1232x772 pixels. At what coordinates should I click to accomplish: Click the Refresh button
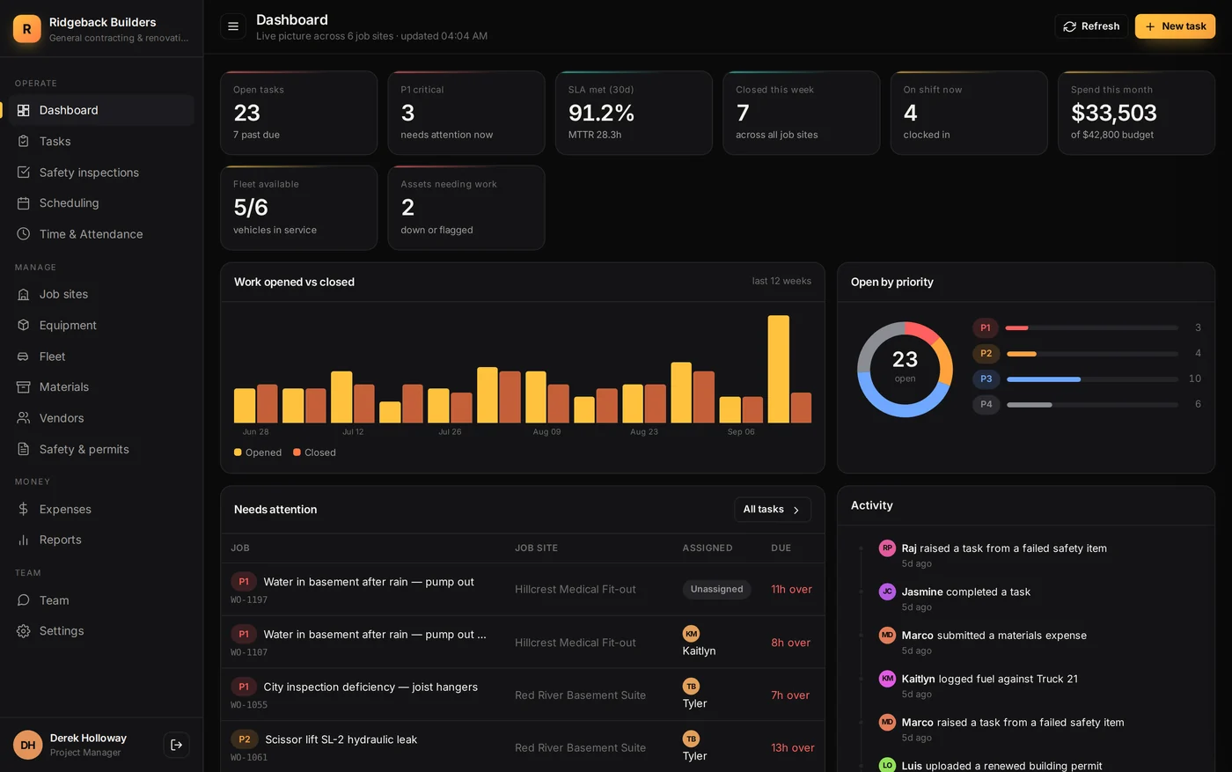[x=1091, y=26]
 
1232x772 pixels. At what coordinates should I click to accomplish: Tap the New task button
[x=1175, y=26]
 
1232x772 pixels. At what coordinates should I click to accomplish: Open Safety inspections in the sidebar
[x=89, y=173]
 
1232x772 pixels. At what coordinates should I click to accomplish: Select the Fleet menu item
[x=52, y=357]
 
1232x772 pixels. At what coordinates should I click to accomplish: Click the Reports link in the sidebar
[x=60, y=540]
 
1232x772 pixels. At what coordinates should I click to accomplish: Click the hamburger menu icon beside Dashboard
[x=233, y=26]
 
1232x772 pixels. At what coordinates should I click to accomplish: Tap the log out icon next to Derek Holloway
[x=177, y=745]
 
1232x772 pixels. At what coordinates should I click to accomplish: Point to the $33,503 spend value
[x=1114, y=113]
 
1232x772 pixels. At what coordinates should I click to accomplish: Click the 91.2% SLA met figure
[x=601, y=113]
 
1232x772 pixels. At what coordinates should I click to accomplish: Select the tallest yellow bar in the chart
[x=778, y=369]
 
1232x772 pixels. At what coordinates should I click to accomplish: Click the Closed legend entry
[x=315, y=452]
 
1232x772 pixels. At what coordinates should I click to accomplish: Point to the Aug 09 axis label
[x=546, y=431]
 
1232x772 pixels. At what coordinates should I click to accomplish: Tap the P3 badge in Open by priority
[x=986, y=379]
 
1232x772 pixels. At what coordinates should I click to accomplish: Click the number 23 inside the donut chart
[x=905, y=359]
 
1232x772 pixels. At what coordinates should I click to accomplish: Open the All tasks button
[x=773, y=510]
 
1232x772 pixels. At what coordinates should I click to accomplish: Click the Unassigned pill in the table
[x=716, y=589]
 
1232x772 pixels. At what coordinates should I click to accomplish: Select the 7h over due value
[x=790, y=695]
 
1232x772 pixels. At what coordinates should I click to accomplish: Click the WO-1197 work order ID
[x=248, y=599]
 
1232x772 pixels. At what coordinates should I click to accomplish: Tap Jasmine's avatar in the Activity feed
[x=887, y=592]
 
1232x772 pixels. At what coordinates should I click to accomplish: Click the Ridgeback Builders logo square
[x=27, y=29]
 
